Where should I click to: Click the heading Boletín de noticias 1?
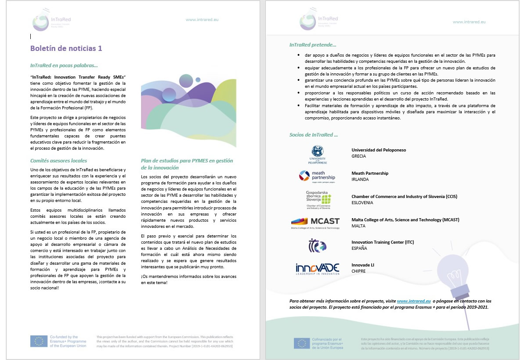tap(66, 48)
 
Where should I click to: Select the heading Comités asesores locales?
tap(58, 161)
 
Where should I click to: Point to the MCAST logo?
tap(315, 223)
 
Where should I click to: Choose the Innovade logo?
tap(317, 268)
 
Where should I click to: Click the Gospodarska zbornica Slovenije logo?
tap(318, 199)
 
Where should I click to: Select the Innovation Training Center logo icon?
tap(317, 245)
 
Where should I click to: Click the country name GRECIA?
tap(359, 156)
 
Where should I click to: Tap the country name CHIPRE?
tap(359, 271)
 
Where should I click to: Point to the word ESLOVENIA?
tap(362, 202)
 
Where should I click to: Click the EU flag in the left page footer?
tap(39, 341)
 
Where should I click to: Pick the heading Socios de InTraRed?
tap(314, 135)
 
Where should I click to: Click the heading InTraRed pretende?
tap(313, 45)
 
